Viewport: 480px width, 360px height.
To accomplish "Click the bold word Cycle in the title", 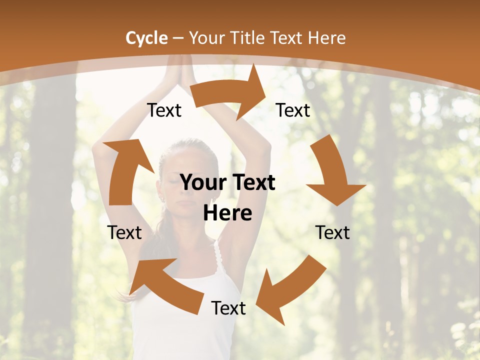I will pyautogui.click(x=146, y=38).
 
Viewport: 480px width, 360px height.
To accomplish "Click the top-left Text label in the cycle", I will pyautogui.click(x=164, y=110).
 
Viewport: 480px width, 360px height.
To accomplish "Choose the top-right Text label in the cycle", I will pyautogui.click(x=293, y=110).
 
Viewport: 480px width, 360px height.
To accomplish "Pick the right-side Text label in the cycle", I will pyautogui.click(x=332, y=232).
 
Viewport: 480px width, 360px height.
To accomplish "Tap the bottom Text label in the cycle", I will pyautogui.click(x=228, y=308).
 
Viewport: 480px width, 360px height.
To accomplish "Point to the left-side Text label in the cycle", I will pyautogui.click(x=124, y=232).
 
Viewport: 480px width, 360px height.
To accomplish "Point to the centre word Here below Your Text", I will pyautogui.click(x=227, y=213).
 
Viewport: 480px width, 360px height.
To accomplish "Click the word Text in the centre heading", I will pyautogui.click(x=253, y=183).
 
